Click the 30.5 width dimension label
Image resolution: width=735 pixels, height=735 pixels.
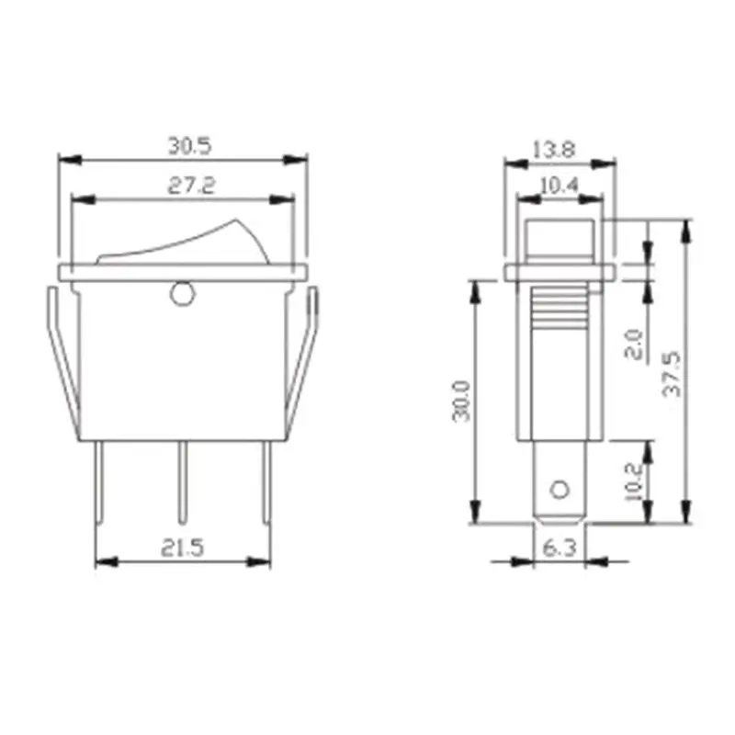[190, 146]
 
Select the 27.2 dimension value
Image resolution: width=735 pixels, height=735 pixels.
[192, 186]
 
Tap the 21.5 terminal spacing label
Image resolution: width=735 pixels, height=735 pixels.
[183, 548]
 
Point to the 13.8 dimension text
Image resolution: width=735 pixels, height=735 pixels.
[554, 150]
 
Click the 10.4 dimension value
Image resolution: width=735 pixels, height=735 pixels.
[560, 187]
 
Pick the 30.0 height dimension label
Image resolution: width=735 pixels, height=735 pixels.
[461, 401]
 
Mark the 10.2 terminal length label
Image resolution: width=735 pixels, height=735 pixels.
[634, 481]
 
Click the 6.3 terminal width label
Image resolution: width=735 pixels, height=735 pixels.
[560, 548]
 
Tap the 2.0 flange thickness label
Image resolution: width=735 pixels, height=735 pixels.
[634, 345]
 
